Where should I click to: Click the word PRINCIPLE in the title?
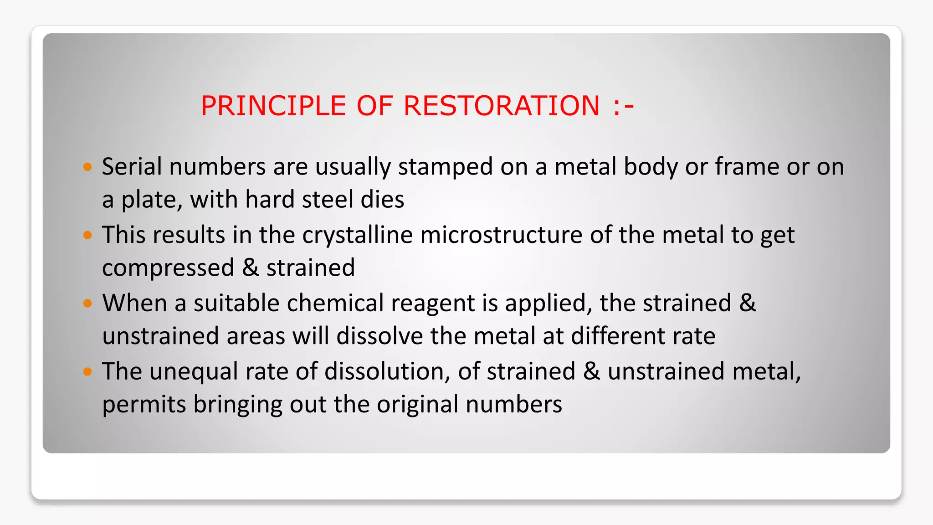pyautogui.click(x=273, y=106)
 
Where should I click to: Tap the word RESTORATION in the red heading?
pyautogui.click(x=502, y=106)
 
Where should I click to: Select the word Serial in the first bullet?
pyautogui.click(x=132, y=166)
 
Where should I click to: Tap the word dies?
pyautogui.click(x=382, y=200)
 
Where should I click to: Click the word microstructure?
pyautogui.click(x=501, y=235)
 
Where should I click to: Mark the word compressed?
pyautogui.click(x=168, y=268)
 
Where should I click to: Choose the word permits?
pyautogui.click(x=144, y=405)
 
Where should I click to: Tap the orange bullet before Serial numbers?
pyautogui.click(x=88, y=167)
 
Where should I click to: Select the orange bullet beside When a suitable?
pyautogui.click(x=88, y=304)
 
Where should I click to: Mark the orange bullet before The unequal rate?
pyautogui.click(x=88, y=372)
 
